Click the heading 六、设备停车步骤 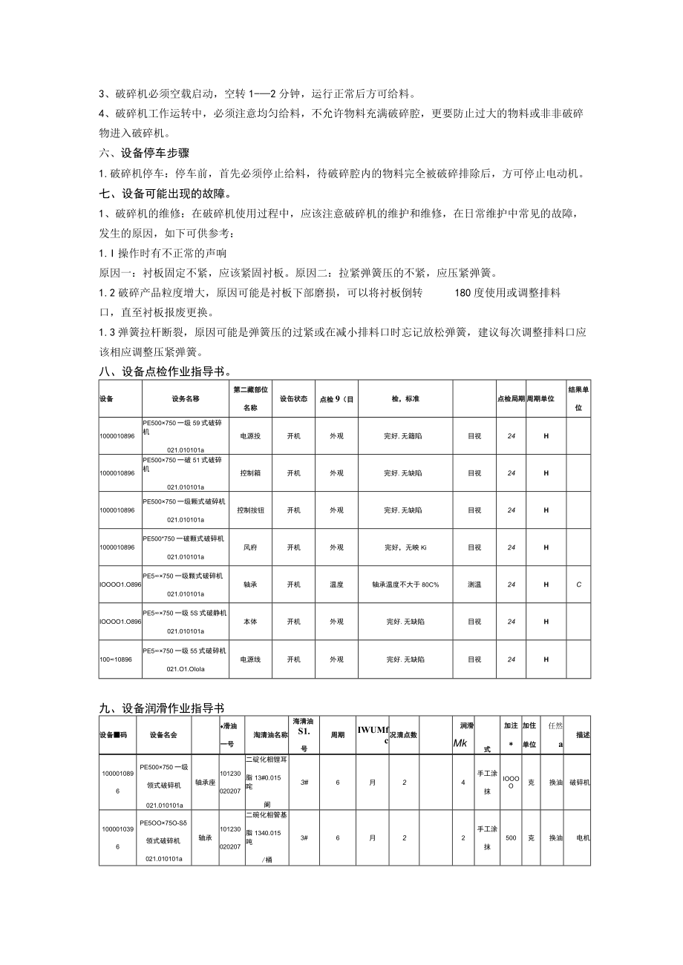144,154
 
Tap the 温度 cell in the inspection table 336,584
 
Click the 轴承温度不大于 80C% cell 405,584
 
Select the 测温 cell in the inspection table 474,584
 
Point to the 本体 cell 249,622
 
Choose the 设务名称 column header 186,398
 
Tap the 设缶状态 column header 293,398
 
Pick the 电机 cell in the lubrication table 582,837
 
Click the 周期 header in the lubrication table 337,734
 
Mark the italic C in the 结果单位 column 579,584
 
